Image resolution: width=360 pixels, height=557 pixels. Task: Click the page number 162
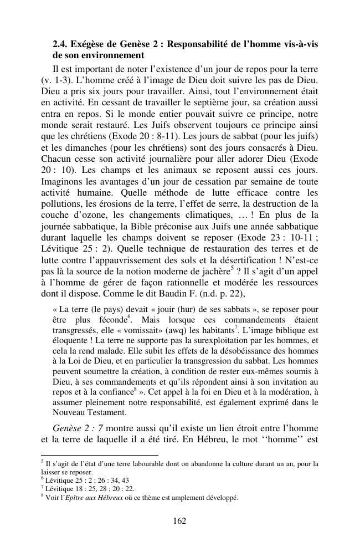(179, 520)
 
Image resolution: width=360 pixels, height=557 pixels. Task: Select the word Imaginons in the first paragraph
(61, 182)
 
